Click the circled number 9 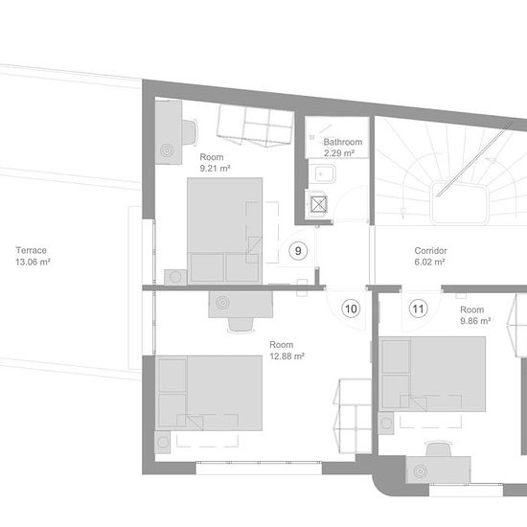[x=298, y=251]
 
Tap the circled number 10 [x=351, y=309]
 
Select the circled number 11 [x=418, y=309]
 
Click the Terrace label [x=32, y=250]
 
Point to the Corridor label [x=430, y=251]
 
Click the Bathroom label [x=343, y=142]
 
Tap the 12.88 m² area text [x=287, y=355]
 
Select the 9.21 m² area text [x=215, y=168]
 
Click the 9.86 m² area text [x=475, y=321]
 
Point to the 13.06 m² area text [x=33, y=262]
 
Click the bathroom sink [x=322, y=174]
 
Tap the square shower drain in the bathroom [x=318, y=204]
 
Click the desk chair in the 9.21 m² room [x=190, y=132]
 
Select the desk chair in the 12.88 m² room [x=241, y=325]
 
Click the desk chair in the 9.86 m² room [x=439, y=448]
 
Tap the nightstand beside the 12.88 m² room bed [x=163, y=442]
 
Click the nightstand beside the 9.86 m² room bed [x=386, y=424]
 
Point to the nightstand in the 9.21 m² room [x=175, y=277]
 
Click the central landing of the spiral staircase [x=459, y=202]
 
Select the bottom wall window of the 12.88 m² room [x=259, y=468]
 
